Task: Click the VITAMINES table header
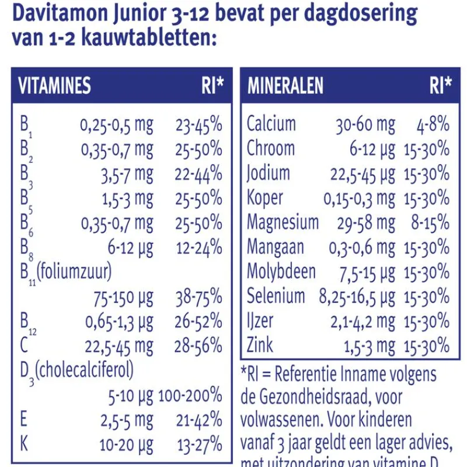point(55,86)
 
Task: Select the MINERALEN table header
point(285,86)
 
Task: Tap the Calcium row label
point(271,124)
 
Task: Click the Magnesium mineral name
point(283,222)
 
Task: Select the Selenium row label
point(276,296)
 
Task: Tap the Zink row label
point(260,345)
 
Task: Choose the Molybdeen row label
point(281,271)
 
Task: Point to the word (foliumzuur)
point(75,272)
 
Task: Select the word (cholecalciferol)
point(84,370)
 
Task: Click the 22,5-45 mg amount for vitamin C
point(119,346)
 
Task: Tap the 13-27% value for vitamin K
point(200,445)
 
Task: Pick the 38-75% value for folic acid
point(198,298)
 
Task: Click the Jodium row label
point(268,173)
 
